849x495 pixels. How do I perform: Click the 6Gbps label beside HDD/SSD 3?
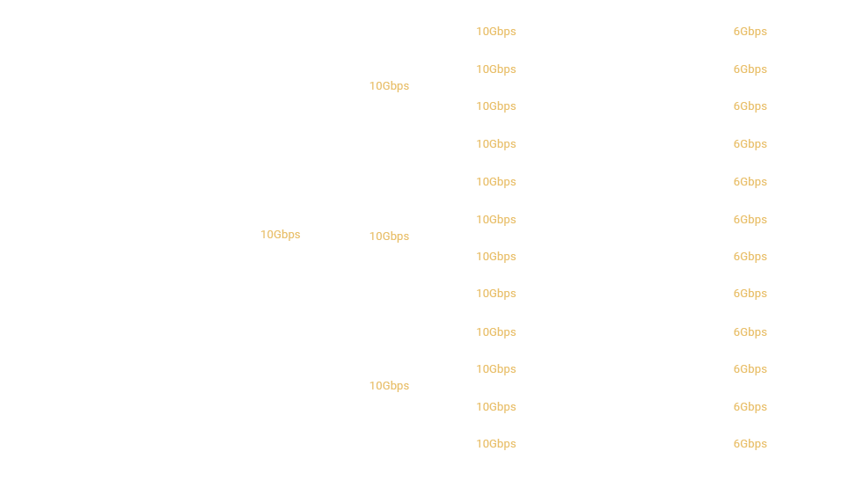click(750, 106)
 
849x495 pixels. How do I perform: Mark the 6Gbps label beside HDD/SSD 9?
click(750, 332)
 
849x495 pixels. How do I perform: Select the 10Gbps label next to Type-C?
click(281, 235)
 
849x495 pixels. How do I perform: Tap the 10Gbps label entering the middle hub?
click(389, 237)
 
